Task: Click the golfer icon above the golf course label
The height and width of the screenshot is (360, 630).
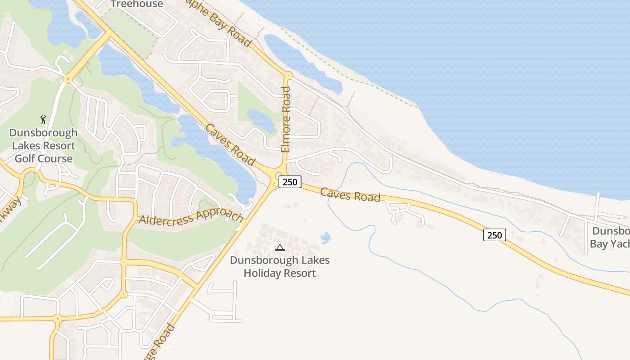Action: (43, 119)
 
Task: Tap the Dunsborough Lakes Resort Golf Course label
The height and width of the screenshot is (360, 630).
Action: (43, 146)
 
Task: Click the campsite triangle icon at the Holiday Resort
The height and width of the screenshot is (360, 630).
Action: (280, 247)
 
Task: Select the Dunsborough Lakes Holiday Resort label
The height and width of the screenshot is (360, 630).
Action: (280, 266)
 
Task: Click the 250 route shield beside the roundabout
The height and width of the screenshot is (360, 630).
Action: (290, 182)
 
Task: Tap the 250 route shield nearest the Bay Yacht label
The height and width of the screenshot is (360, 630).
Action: (495, 235)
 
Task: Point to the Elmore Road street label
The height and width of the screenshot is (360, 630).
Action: (286, 119)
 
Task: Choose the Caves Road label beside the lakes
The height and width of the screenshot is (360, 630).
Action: (230, 144)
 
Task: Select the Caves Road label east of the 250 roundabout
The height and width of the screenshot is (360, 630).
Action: (350, 195)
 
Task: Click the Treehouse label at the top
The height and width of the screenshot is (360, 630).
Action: (136, 4)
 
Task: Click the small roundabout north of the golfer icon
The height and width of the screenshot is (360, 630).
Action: (68, 79)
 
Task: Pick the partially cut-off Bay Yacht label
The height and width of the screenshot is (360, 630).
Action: (610, 238)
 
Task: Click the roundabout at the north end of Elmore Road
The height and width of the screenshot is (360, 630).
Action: (288, 75)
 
